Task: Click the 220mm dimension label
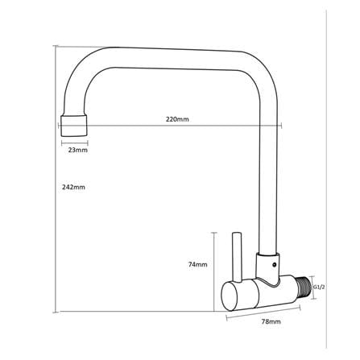tap(177, 119)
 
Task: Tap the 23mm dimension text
tap(77, 150)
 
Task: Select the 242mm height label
tap(73, 187)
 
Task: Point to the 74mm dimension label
tap(197, 264)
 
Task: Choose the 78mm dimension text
tap(271, 321)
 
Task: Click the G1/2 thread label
tap(320, 288)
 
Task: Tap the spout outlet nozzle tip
tap(74, 126)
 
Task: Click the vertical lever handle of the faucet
tap(237, 257)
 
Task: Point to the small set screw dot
tap(274, 265)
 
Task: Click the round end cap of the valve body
tap(229, 296)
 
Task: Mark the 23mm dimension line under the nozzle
tap(75, 143)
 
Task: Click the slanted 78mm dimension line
tap(263, 312)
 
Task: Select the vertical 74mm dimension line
tap(214, 271)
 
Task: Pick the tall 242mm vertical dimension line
tap(56, 179)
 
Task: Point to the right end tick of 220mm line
tap(281, 125)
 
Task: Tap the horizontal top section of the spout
tap(177, 59)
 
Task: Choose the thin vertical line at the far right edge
tap(326, 179)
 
